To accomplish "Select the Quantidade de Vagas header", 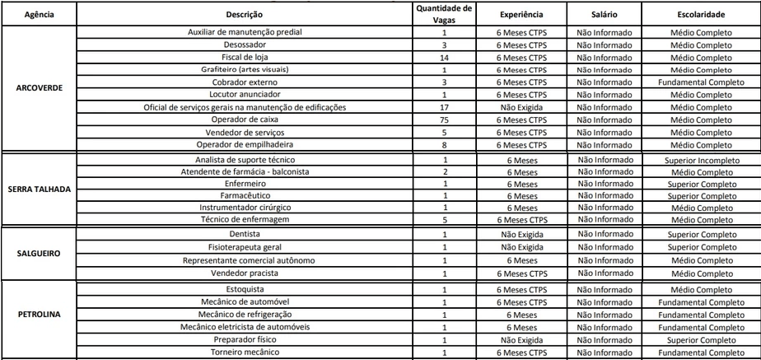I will click(x=444, y=14).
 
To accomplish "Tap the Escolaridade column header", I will click(x=701, y=15).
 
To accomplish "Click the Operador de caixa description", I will click(x=245, y=119).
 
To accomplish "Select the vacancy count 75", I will click(x=444, y=119).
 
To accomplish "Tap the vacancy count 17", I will click(x=444, y=107).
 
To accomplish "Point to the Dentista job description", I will click(x=245, y=235).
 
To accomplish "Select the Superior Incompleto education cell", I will click(x=701, y=158).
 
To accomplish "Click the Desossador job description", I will click(x=245, y=44).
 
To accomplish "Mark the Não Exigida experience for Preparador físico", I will click(x=521, y=339).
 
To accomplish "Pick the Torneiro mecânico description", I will click(x=245, y=353).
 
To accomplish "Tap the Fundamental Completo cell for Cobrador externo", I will click(x=701, y=82).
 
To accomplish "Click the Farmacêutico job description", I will click(x=245, y=195).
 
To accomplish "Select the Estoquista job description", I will click(x=245, y=290).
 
